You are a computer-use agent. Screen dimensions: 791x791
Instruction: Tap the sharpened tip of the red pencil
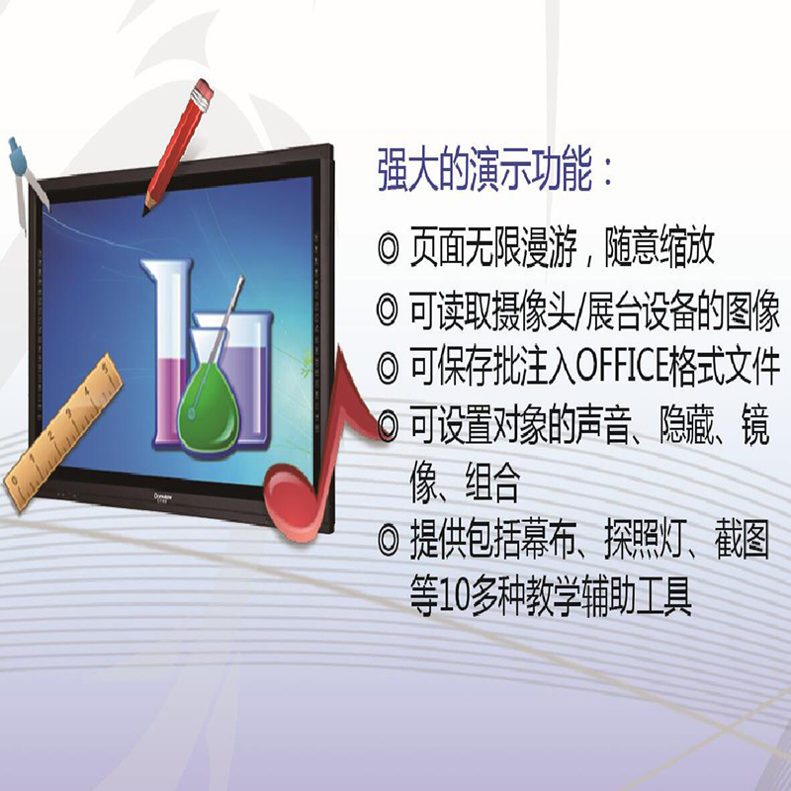(144, 214)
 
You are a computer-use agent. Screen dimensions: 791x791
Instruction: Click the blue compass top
(18, 157)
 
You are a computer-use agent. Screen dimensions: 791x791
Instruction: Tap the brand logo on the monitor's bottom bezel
(163, 497)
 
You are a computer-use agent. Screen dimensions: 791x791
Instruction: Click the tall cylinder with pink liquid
(166, 353)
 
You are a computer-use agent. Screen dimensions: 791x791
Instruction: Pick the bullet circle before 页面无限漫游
(389, 248)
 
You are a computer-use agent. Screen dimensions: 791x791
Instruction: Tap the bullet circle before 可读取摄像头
(389, 311)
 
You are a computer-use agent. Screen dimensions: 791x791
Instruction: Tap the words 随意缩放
(659, 247)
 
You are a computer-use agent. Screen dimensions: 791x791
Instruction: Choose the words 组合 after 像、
(491, 483)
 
